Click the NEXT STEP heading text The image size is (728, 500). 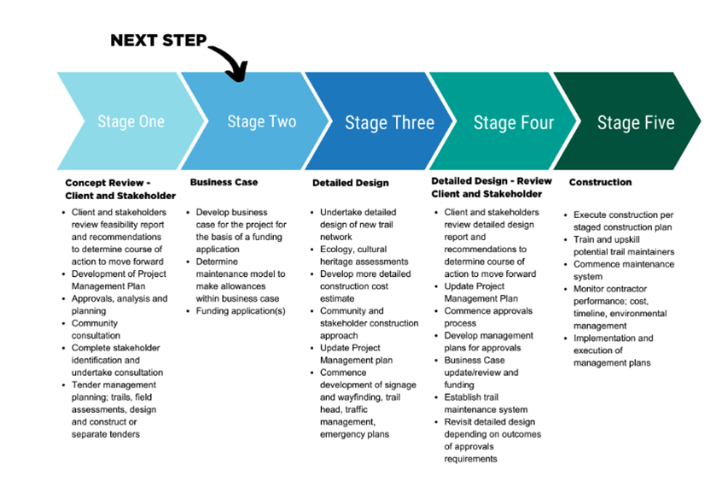tap(159, 40)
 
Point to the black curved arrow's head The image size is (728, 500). tap(237, 73)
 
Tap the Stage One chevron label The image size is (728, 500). tap(131, 121)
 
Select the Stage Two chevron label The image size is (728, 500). tap(261, 121)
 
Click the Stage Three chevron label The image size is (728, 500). tap(389, 122)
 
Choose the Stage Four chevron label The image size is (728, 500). tap(514, 123)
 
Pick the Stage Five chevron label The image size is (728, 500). tap(636, 123)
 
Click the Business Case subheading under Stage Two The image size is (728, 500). tap(224, 182)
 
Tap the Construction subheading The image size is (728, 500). tap(600, 182)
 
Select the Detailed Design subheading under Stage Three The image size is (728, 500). tap(351, 183)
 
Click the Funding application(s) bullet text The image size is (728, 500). tap(241, 311)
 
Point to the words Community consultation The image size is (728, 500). tap(96, 329)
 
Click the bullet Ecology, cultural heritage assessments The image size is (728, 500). tap(364, 256)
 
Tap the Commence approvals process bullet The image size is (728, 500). tap(488, 317)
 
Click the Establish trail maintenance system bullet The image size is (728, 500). tap(486, 403)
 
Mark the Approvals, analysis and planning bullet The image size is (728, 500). tap(119, 304)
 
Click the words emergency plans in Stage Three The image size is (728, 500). tap(354, 434)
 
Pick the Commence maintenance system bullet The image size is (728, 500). tap(624, 270)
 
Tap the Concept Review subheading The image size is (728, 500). tap(120, 189)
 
